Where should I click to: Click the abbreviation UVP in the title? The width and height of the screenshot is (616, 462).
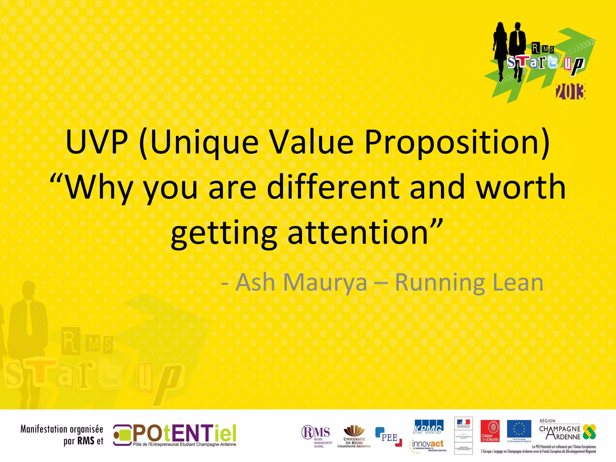pos(97,142)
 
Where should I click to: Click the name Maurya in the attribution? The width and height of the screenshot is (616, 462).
pos(325,282)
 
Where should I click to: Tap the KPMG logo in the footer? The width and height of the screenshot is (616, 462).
pos(428,427)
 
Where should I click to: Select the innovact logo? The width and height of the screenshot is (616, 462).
pos(428,444)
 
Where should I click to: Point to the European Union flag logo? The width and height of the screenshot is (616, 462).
pos(519,430)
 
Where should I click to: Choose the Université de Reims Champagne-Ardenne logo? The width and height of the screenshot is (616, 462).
pos(354,436)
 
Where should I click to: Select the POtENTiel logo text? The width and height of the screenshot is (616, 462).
pos(184,433)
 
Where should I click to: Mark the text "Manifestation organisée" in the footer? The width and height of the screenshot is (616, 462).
pos(62,429)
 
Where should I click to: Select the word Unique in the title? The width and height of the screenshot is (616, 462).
pos(205,142)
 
